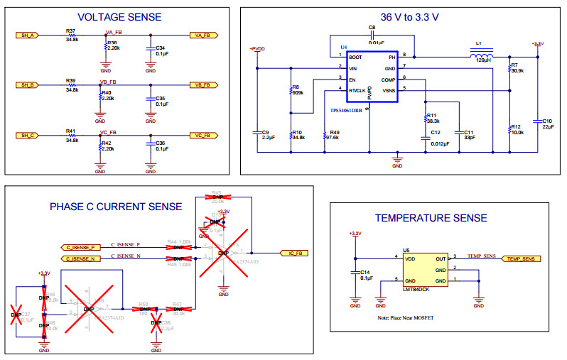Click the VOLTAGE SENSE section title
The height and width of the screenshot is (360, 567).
pos(119,16)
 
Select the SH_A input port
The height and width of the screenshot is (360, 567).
pos(28,35)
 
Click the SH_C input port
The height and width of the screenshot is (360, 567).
pos(28,135)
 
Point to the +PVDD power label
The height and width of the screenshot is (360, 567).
pos(257,48)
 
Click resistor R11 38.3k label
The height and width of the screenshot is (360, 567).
pos(432,117)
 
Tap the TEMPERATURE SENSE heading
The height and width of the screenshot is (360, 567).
pos(431,218)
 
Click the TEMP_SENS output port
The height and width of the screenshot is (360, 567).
pos(519,259)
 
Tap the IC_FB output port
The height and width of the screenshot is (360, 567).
pos(297,253)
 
